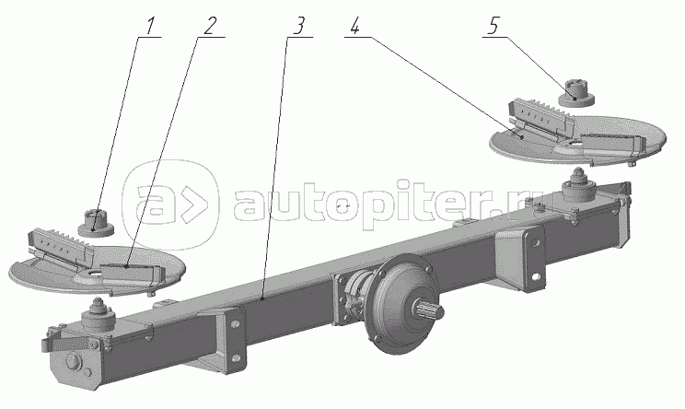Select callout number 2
[x=211, y=26]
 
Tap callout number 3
[x=297, y=26]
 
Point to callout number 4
[x=354, y=26]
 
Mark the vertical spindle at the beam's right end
[x=579, y=188]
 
